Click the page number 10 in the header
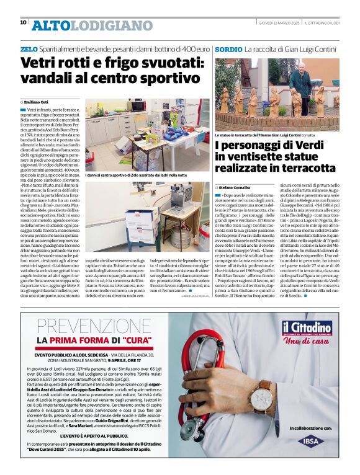point(23,22)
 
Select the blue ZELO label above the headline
point(29,48)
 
